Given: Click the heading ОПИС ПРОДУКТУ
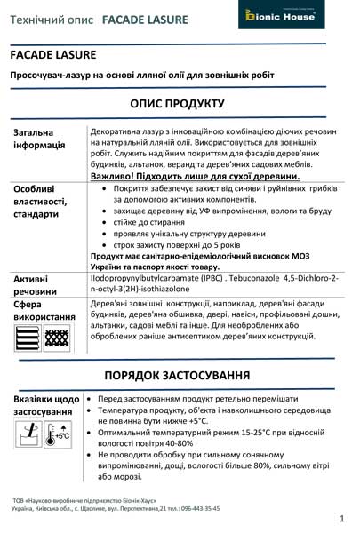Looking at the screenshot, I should (x=180, y=103).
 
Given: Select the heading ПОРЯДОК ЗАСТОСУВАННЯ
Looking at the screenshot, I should (x=180, y=373).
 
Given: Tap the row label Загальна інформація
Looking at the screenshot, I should (x=40, y=139).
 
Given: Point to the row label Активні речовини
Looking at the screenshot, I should (x=36, y=285).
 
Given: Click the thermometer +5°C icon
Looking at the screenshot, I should (x=60, y=433).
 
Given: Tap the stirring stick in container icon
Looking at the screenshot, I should (x=30, y=433).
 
